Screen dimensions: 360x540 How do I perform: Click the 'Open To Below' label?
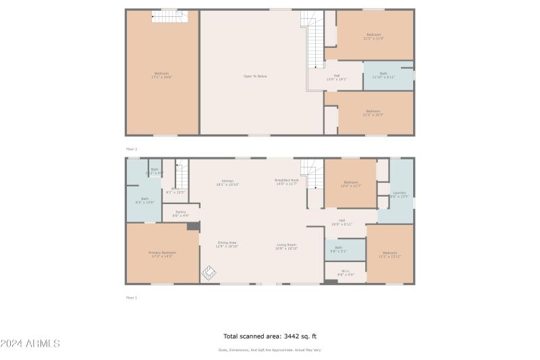pos(255,76)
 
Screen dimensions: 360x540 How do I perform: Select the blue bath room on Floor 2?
pos(388,76)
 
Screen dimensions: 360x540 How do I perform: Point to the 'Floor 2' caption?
pos(131,149)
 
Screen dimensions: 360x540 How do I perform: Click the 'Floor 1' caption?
pos(131,297)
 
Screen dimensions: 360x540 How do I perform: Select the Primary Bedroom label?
pos(161,255)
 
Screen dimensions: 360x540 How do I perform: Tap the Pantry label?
pos(180,214)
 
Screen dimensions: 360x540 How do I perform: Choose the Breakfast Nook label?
pos(286,182)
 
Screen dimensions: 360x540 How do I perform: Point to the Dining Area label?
pos(227,245)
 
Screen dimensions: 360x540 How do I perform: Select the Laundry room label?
pos(400,195)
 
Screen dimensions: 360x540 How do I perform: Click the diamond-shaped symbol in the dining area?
pos(209,273)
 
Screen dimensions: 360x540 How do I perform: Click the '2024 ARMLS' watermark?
pos(30,344)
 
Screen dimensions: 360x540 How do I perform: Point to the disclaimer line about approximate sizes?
pos(269,350)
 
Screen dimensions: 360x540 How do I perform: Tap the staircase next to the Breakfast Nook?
pos(313,173)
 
